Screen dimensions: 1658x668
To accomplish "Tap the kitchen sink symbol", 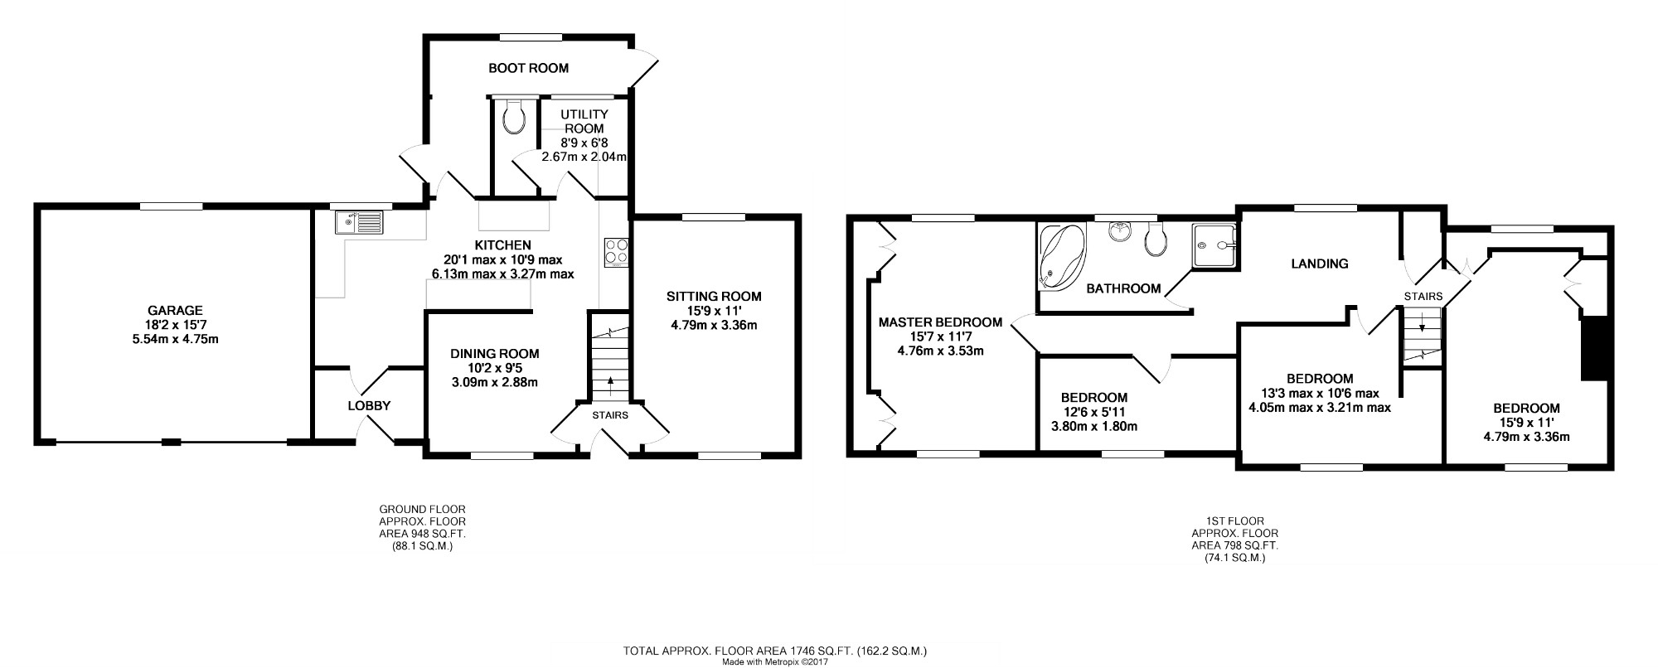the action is [x=360, y=221].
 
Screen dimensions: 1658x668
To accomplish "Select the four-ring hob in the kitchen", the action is [x=616, y=251].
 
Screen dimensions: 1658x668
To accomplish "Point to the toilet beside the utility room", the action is [x=514, y=117].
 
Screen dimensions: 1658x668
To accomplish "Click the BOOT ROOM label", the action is [x=528, y=68].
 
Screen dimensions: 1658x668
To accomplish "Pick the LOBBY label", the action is [x=369, y=406].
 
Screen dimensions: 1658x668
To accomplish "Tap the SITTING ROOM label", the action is [x=714, y=297].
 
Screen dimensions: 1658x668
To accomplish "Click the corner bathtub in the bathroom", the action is [x=1062, y=256].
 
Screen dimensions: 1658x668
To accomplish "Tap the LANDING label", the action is [x=1320, y=264].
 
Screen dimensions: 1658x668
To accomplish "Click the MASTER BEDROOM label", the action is [x=940, y=322].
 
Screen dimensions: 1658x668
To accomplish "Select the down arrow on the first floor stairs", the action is [x=1422, y=322].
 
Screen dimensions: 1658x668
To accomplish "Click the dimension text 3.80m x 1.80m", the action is [x=1088, y=427].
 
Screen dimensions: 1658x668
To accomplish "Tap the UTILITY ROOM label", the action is [x=584, y=121].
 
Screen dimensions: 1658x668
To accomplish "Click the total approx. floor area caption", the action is [x=774, y=651].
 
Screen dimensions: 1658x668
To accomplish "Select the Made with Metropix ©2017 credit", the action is [x=775, y=662].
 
